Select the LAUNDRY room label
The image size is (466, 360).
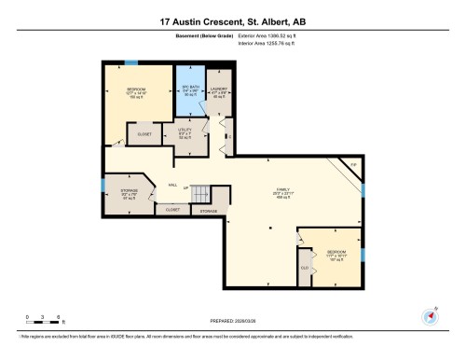pos(220,90)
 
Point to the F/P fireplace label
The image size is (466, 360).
pos(352,165)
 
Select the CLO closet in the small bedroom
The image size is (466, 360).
pos(305,268)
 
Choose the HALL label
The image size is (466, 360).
pos(172,185)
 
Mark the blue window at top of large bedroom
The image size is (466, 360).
pos(131,62)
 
